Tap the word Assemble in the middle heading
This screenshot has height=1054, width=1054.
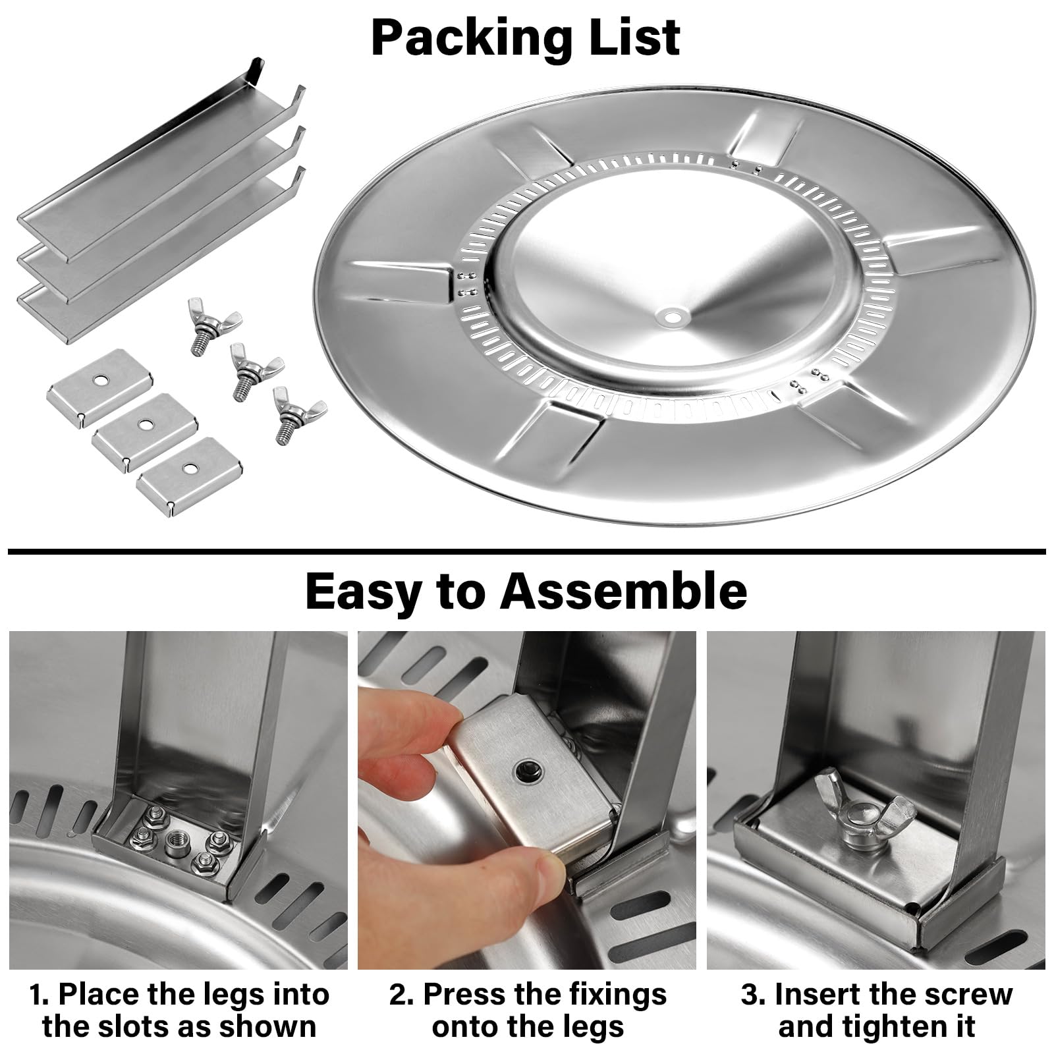(x=623, y=590)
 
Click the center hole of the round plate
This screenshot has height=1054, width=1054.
(x=673, y=318)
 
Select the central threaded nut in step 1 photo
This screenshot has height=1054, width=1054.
(x=175, y=840)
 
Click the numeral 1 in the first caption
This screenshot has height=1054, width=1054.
(x=36, y=995)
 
